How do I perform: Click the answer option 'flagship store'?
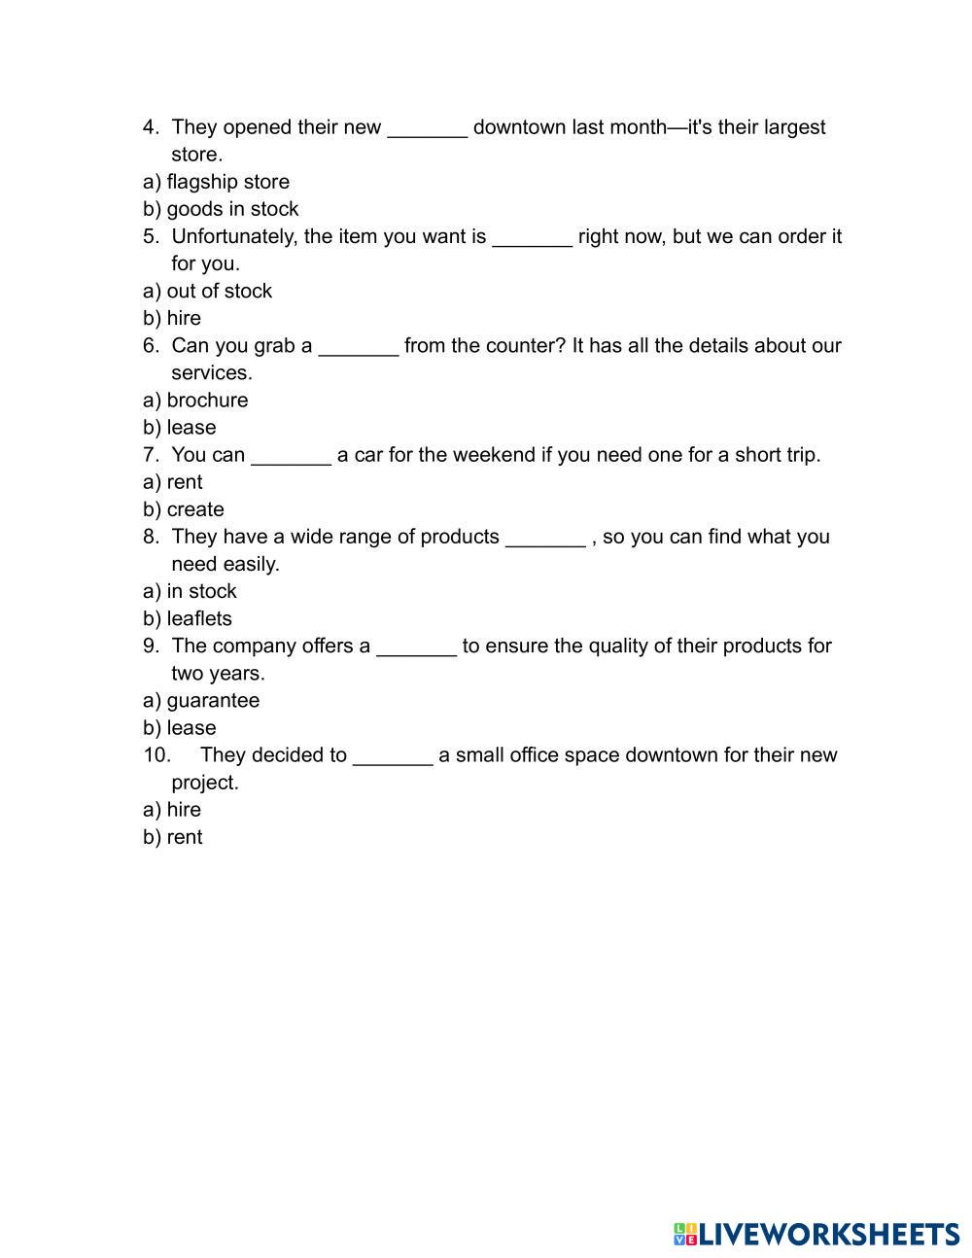pos(227,182)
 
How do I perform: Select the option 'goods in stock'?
pos(232,209)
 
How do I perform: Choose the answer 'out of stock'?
pos(219,291)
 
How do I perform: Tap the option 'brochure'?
pos(207,400)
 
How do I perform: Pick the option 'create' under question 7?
pos(194,509)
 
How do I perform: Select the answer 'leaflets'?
pos(198,618)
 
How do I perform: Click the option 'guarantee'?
pos(213,700)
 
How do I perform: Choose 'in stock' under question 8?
pos(201,591)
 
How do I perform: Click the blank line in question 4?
pos(428,129)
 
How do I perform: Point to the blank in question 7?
pos(291,457)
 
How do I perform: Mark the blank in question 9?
pos(416,647)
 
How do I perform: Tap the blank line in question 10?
pos(393,757)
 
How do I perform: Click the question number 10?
pos(156,755)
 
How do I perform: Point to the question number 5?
pos(151,236)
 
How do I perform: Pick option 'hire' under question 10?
pos(184,810)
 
